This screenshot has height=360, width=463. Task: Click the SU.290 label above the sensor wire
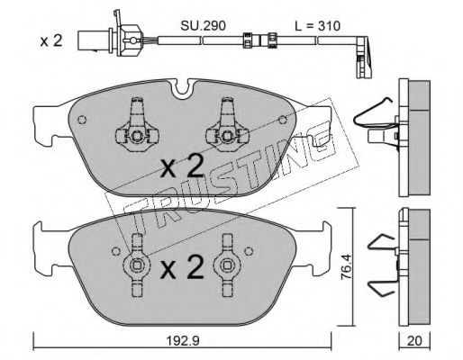[203, 26]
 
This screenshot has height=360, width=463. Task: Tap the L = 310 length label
[317, 26]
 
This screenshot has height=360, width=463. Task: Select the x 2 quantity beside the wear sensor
[51, 40]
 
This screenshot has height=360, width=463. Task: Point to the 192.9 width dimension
[183, 341]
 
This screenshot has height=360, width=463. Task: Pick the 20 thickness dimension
[414, 341]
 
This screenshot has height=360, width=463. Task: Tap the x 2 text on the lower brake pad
[182, 267]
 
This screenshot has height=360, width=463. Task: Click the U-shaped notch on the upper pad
[183, 89]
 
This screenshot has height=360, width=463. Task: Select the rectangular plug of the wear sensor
[86, 41]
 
